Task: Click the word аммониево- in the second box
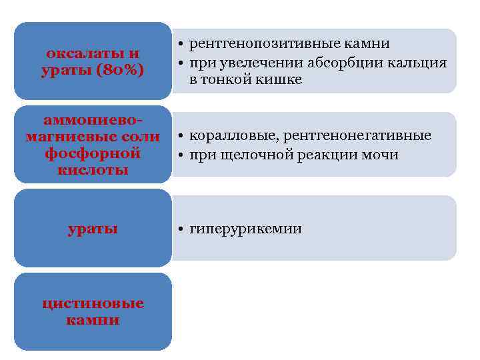pyautogui.click(x=93, y=120)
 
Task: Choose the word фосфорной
pyautogui.click(x=93, y=153)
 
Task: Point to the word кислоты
pyautogui.click(x=93, y=170)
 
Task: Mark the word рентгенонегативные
pyautogui.click(x=357, y=136)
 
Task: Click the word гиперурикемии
pyautogui.click(x=245, y=229)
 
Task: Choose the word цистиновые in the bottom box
pyautogui.click(x=93, y=303)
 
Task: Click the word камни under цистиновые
pyautogui.click(x=93, y=320)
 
